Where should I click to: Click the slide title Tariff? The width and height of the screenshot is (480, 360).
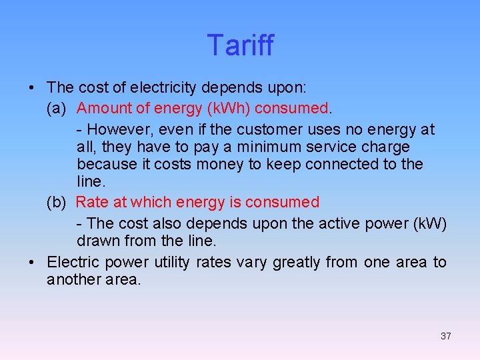(x=240, y=45)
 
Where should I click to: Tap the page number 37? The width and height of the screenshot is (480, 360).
(x=445, y=336)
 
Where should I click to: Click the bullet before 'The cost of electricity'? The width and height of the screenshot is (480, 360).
(x=32, y=88)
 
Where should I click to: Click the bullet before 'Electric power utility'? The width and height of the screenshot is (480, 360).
(x=32, y=262)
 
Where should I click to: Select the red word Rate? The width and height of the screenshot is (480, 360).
(x=91, y=202)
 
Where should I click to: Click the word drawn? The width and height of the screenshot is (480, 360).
(x=97, y=240)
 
